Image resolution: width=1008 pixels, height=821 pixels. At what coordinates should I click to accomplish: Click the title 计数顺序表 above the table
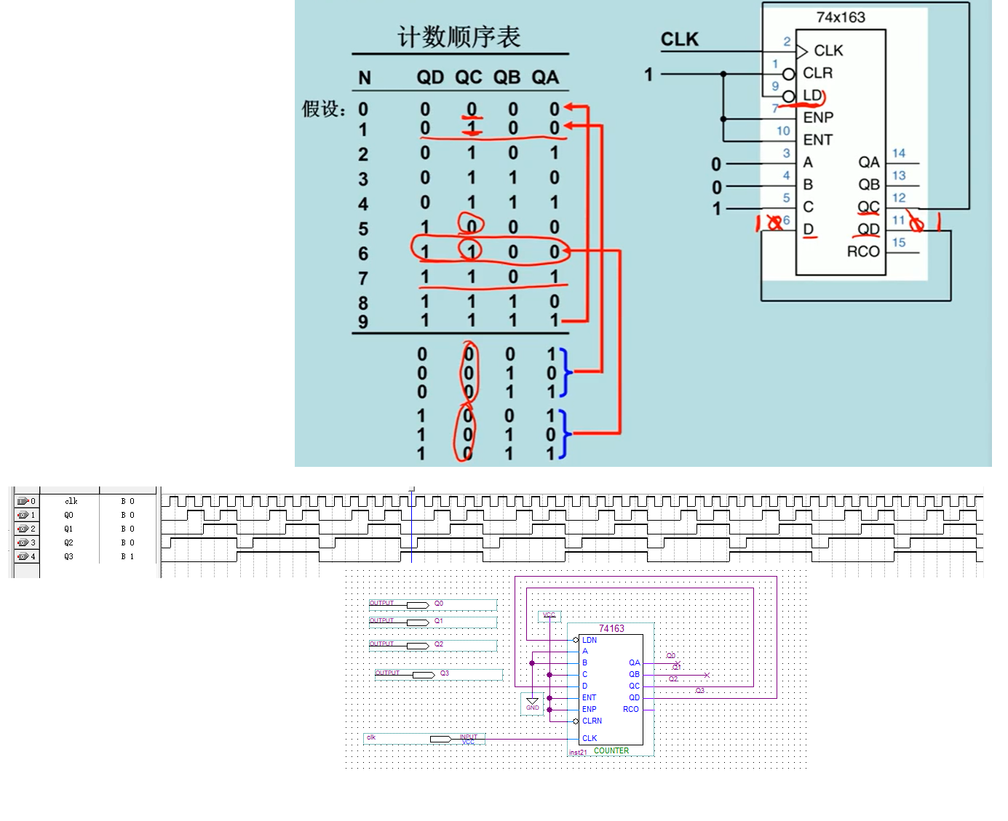(459, 36)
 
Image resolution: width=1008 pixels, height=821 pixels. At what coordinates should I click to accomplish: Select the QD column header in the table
(430, 78)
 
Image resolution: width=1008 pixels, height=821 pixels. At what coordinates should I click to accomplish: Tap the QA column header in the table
(545, 78)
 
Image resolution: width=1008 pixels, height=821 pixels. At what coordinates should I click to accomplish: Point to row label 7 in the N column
(363, 279)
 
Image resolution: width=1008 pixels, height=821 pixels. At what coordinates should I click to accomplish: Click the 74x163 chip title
(841, 17)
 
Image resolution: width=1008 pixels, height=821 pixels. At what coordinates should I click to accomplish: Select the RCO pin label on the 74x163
(863, 252)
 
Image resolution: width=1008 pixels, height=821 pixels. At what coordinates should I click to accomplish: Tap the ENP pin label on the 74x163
(818, 118)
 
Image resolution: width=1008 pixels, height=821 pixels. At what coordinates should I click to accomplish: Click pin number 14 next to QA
(899, 153)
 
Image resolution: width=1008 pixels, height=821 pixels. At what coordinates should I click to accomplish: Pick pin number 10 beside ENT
(783, 131)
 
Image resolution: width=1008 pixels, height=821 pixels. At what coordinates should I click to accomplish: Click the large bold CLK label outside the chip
(679, 39)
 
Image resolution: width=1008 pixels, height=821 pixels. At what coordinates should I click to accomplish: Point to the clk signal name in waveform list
(71, 501)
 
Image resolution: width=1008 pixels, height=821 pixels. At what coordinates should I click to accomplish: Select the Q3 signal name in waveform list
(68, 556)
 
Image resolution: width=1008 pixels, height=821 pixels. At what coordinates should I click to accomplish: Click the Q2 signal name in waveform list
(68, 542)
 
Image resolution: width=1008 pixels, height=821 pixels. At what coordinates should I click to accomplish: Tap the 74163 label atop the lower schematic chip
(611, 628)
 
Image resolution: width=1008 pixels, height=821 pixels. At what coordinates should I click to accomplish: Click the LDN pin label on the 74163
(590, 640)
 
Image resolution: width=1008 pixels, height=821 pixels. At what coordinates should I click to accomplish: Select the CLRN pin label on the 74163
(592, 721)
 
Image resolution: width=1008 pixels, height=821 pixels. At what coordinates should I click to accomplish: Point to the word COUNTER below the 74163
(611, 750)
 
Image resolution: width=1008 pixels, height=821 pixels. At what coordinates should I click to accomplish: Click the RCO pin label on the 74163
(630, 709)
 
